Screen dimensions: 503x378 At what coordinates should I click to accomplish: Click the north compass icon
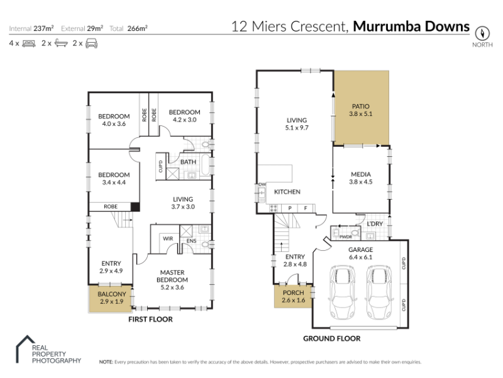(x=482, y=33)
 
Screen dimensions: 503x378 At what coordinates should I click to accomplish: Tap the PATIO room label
(x=360, y=106)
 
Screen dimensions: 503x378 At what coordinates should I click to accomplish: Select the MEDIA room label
(x=360, y=175)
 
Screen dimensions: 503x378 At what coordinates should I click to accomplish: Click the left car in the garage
(x=343, y=292)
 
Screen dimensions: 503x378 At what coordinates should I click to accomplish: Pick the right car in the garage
(x=380, y=292)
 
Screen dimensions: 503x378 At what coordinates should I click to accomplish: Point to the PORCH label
(x=293, y=293)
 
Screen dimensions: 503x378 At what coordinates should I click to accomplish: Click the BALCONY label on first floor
(x=112, y=294)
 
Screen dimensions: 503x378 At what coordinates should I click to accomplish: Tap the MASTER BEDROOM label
(x=172, y=276)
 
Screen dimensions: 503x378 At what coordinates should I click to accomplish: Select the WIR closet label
(x=168, y=239)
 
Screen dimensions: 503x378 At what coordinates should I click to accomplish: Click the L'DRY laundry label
(x=375, y=224)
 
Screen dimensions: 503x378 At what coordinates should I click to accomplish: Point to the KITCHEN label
(x=287, y=192)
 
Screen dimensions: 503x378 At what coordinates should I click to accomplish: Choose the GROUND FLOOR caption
(x=332, y=338)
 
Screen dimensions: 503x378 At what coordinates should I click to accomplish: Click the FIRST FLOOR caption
(x=150, y=319)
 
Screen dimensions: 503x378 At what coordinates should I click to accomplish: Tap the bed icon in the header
(x=29, y=43)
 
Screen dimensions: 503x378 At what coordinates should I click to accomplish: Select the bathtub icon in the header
(x=61, y=43)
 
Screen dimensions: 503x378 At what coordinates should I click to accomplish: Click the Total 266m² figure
(x=128, y=28)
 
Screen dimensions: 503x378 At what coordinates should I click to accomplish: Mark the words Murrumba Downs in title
(x=411, y=26)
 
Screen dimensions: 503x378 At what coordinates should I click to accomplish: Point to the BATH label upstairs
(x=188, y=162)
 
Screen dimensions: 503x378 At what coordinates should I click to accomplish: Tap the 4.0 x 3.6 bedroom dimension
(x=114, y=123)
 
